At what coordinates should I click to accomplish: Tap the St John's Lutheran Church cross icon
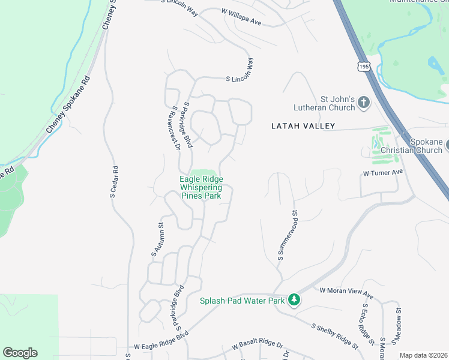(363, 103)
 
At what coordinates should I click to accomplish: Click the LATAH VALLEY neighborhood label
(303, 126)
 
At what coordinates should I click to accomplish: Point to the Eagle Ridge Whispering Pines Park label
(201, 187)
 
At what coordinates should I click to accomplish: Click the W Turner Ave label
(382, 173)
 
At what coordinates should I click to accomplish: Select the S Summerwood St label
(288, 235)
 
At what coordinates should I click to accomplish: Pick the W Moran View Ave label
(346, 293)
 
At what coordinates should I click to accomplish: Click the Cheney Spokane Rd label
(67, 106)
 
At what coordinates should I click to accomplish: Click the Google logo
(20, 352)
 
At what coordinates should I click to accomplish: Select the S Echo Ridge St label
(367, 324)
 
